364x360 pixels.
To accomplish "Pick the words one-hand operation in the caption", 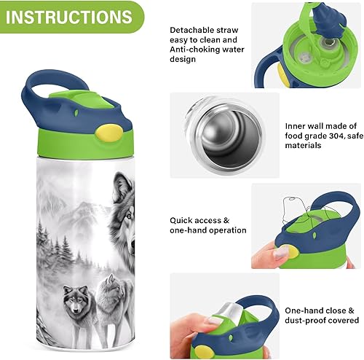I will pyautogui.click(x=207, y=230).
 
